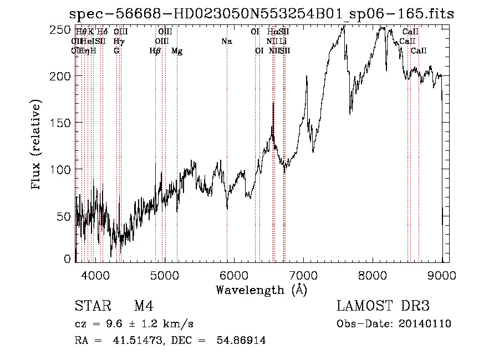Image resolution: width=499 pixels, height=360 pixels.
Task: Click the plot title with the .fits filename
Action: click(261, 14)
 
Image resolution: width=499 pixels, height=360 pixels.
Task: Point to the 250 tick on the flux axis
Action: click(65, 29)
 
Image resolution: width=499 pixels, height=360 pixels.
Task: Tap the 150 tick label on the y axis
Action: click(65, 122)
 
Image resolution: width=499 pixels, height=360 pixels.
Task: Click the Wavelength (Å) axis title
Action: click(261, 290)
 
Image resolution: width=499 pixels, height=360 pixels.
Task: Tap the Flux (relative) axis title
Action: click(37, 145)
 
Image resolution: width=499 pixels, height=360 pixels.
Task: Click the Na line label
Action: click(226, 42)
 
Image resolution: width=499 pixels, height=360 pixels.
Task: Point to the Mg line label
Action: click(177, 51)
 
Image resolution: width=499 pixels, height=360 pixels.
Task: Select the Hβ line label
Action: click(155, 51)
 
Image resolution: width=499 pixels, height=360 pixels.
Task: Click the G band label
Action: click(116, 51)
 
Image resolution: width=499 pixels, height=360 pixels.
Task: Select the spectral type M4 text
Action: click(144, 306)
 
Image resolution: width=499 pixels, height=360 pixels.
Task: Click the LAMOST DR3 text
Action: click(383, 306)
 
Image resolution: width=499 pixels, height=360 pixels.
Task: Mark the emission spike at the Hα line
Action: click(273, 104)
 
